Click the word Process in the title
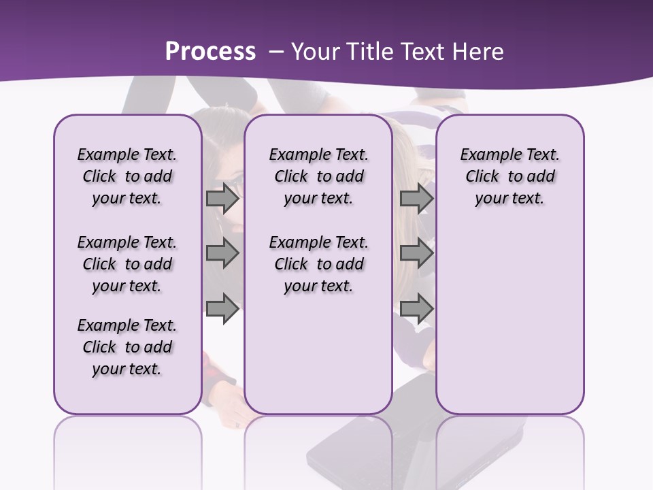(x=210, y=52)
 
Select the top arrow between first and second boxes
(x=222, y=199)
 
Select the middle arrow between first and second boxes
(x=222, y=254)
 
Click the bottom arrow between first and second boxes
(x=222, y=308)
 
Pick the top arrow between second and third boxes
(x=416, y=199)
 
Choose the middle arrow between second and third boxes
(x=416, y=254)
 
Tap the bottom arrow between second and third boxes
(x=416, y=308)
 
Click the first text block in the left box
(x=127, y=176)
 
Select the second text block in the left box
(x=127, y=264)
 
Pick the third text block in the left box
(x=127, y=347)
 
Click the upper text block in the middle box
(x=318, y=176)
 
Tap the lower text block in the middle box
(x=318, y=264)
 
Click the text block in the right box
(x=509, y=176)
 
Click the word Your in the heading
(x=316, y=52)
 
